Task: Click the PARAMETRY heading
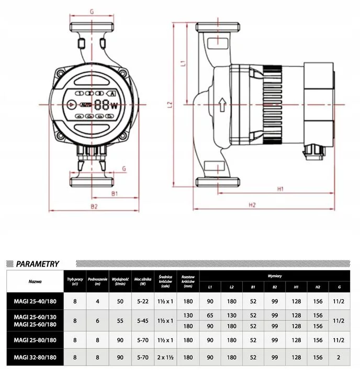(38, 264)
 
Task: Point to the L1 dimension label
(183, 64)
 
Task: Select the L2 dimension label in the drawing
(170, 105)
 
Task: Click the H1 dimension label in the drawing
(280, 188)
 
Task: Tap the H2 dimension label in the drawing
(252, 204)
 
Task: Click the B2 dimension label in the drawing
(94, 207)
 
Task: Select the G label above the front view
(92, 10)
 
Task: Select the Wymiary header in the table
(274, 275)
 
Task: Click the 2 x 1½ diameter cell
(165, 358)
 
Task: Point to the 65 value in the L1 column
(210, 315)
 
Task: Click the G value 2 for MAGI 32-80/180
(340, 358)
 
